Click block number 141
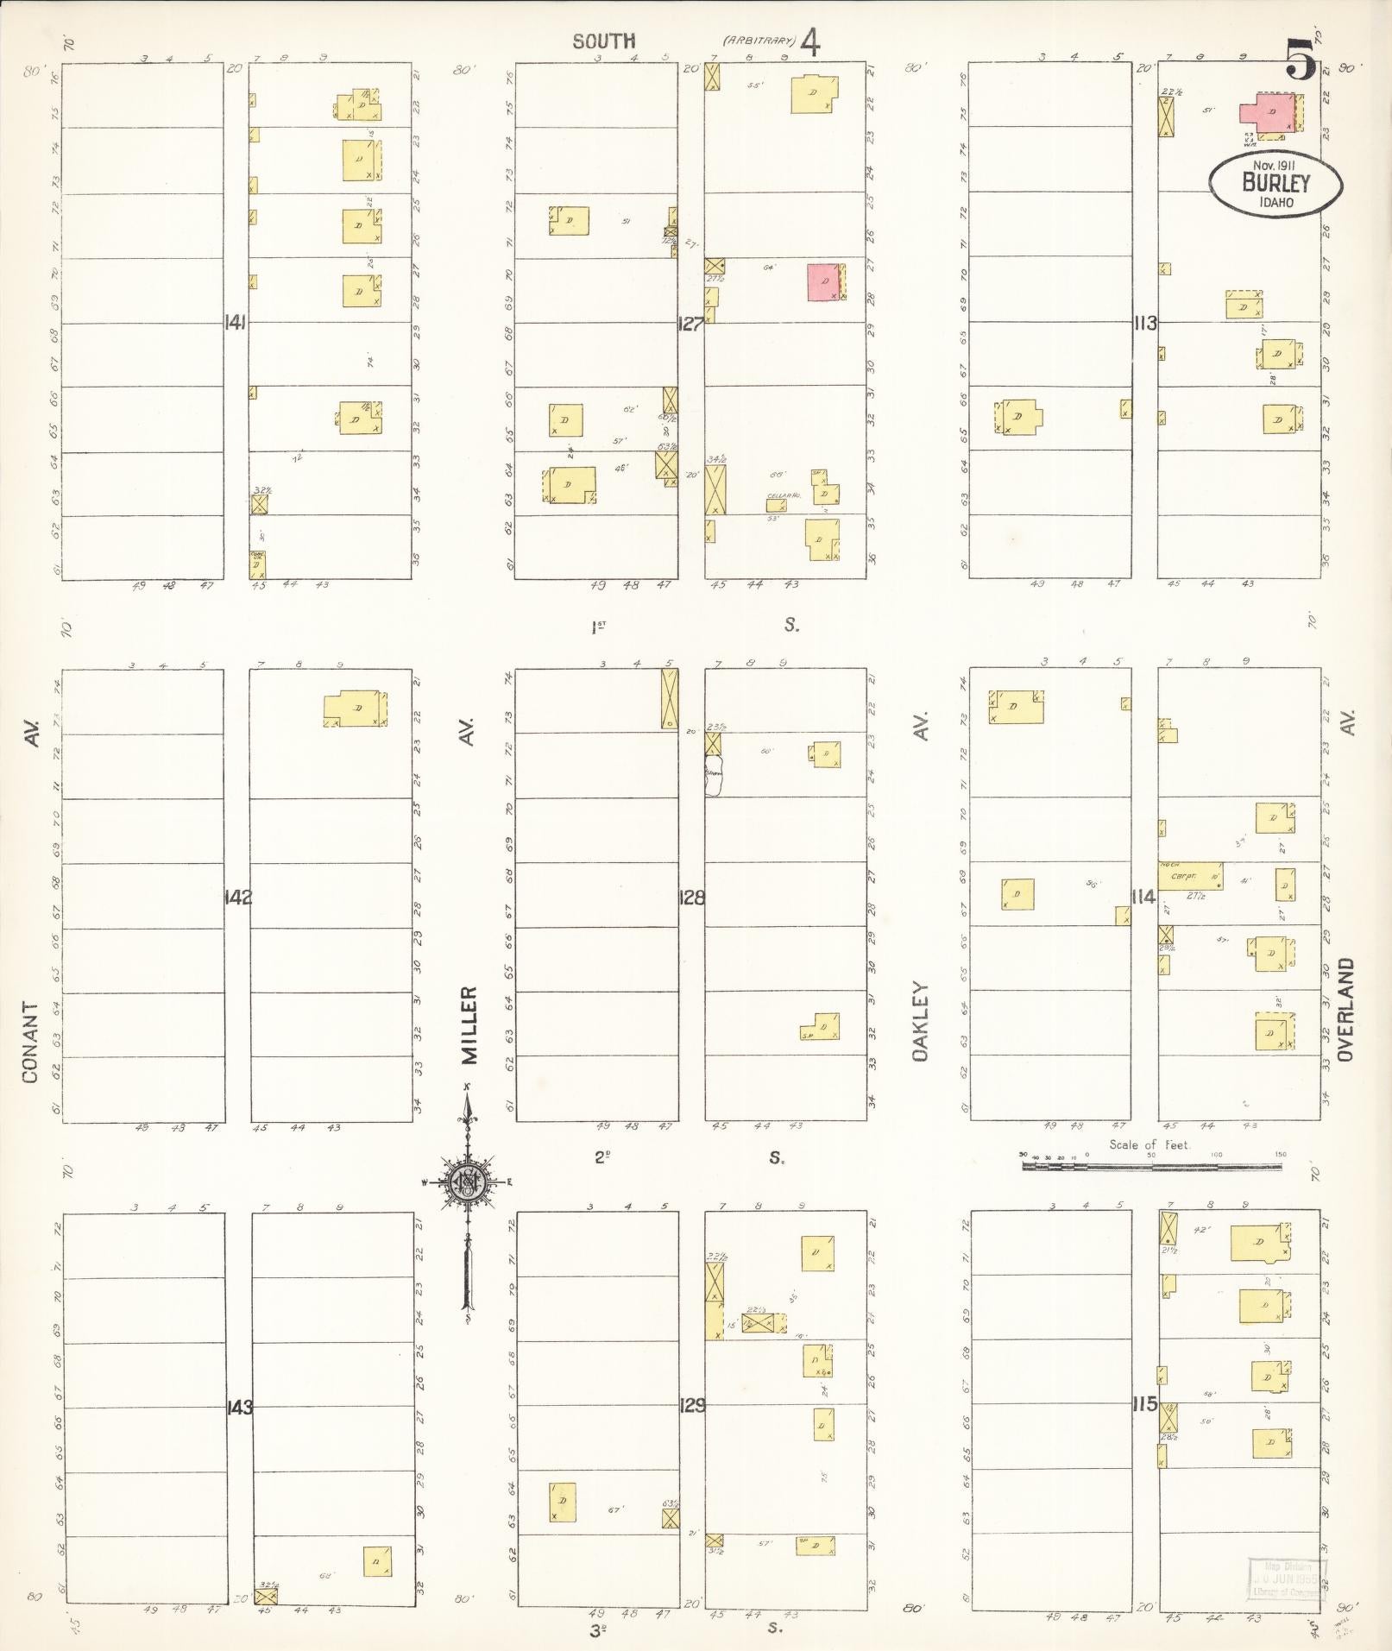236,324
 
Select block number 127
690,325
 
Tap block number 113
1145,324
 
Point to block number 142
237,897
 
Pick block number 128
691,897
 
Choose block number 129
691,1406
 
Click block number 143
239,1408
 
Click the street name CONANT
31,1042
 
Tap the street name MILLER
468,1025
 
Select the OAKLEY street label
920,1022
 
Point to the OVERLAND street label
1349,1010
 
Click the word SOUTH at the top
605,41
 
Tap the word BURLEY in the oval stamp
1275,183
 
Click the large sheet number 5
1301,59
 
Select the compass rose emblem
467,1182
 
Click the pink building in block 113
1268,113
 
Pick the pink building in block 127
823,282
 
